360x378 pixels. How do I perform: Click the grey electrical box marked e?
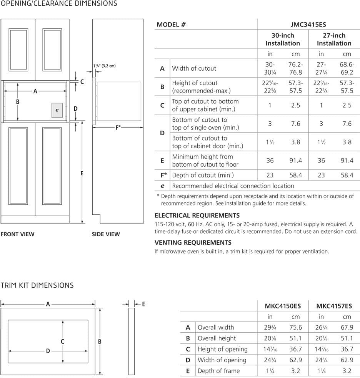[x=57, y=110]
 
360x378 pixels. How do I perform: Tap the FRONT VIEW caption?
[x=17, y=234]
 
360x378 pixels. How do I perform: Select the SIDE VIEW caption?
[x=106, y=234]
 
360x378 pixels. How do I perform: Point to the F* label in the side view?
[x=118, y=128]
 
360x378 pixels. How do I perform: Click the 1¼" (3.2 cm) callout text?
[x=105, y=66]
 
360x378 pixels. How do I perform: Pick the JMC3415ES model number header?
[x=308, y=24]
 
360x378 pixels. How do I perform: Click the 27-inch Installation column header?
[x=334, y=39]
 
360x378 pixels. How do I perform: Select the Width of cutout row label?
[x=194, y=68]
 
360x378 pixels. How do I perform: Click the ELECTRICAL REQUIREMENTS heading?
[x=197, y=216]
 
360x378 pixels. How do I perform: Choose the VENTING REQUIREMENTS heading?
[x=193, y=243]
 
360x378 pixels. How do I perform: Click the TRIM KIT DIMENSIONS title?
[x=37, y=285]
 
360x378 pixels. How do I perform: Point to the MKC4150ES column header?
[x=283, y=306]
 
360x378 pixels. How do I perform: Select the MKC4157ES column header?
[x=334, y=306]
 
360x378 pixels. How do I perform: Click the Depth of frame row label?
[x=218, y=371]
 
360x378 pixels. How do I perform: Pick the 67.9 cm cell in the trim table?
[x=347, y=328]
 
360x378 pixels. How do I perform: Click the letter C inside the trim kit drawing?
[x=62, y=342]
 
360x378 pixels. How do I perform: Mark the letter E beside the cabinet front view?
[x=82, y=173]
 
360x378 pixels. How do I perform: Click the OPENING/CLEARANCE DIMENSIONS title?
[x=59, y=4]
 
